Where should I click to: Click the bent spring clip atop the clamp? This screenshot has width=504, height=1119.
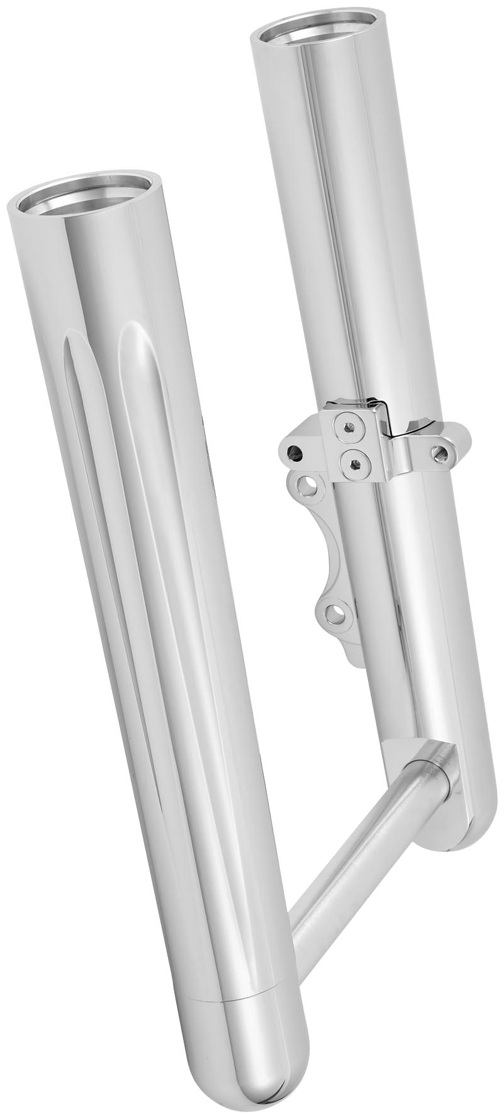click(384, 412)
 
